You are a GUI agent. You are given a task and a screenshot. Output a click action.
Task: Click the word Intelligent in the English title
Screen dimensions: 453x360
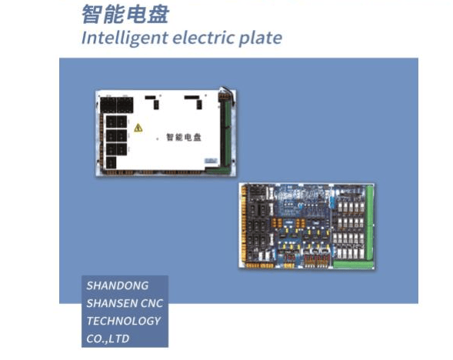click(x=125, y=38)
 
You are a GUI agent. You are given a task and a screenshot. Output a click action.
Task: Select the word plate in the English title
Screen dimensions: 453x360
click(x=260, y=38)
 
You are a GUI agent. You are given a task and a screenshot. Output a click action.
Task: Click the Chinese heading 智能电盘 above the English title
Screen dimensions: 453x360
click(x=125, y=14)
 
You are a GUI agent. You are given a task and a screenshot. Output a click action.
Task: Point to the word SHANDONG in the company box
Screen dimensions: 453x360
click(x=118, y=285)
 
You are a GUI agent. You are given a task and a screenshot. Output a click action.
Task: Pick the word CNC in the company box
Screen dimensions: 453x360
click(x=152, y=303)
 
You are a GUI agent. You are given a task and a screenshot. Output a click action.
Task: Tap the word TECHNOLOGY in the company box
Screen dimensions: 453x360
click(x=123, y=321)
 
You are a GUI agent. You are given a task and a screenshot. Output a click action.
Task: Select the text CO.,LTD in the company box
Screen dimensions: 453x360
click(x=108, y=339)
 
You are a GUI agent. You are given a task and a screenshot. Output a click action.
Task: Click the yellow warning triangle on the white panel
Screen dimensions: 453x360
click(x=138, y=128)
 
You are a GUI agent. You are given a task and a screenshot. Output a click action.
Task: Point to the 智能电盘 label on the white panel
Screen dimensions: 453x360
click(x=184, y=137)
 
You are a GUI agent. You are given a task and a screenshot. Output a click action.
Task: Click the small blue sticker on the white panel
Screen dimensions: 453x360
click(x=211, y=161)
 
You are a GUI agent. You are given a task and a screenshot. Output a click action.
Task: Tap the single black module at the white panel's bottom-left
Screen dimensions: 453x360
click(x=111, y=162)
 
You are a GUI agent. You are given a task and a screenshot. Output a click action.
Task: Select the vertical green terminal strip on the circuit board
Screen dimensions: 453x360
click(x=369, y=223)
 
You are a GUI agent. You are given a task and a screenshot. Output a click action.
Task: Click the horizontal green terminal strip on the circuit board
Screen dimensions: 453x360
click(x=352, y=265)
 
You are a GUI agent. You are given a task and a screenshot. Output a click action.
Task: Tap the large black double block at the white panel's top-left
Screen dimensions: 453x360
click(x=117, y=105)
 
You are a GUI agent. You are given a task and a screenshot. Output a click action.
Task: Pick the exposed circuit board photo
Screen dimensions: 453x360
click(x=307, y=226)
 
